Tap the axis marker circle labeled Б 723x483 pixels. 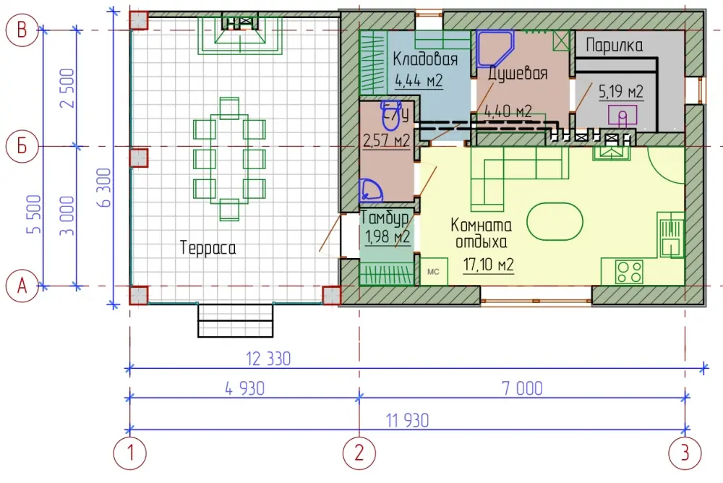(22, 147)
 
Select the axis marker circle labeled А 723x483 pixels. (22, 286)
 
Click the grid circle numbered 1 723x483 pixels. (130, 453)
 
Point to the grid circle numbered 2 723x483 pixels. (359, 453)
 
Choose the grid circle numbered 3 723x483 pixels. (685, 453)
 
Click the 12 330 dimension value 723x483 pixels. (268, 359)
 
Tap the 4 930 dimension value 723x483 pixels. (245, 388)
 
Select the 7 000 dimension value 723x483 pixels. (523, 388)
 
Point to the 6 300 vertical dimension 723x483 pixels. (105, 187)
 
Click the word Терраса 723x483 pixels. (208, 248)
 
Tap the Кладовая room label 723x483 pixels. (425, 59)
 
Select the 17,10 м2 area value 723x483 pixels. (489, 265)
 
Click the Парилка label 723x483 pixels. (614, 46)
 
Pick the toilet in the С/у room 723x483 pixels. (390, 116)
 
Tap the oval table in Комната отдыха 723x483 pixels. (555, 222)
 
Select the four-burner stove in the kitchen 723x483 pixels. (630, 272)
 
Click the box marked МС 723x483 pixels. (433, 272)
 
